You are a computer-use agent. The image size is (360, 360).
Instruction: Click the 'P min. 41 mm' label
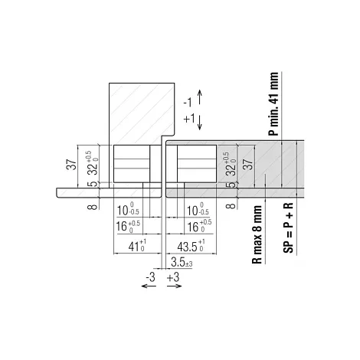[x=273, y=103]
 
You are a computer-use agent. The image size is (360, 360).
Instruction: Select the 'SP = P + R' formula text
[x=288, y=228]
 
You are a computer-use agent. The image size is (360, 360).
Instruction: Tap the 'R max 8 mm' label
[x=257, y=234]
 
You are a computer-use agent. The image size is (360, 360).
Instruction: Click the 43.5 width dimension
[x=191, y=246]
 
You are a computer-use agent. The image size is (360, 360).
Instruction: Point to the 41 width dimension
[x=137, y=246]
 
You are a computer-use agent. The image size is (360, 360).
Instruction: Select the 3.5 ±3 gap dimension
[x=182, y=262]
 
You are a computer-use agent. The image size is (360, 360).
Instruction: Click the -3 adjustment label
[x=150, y=277]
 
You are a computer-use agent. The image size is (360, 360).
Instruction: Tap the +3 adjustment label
[x=173, y=277]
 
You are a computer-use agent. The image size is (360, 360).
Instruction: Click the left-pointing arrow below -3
[x=149, y=286]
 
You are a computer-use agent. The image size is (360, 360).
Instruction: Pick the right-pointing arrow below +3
[x=175, y=286]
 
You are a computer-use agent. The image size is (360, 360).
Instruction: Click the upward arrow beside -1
[x=200, y=97]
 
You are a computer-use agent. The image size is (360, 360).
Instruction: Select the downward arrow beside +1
[x=200, y=123]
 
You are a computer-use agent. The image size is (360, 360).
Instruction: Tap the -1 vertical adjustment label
[x=188, y=103]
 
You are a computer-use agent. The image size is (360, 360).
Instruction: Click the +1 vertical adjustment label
[x=189, y=119]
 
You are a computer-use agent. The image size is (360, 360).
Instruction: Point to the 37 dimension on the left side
[x=71, y=165]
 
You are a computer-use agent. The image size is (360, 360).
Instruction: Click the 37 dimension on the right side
[x=247, y=164]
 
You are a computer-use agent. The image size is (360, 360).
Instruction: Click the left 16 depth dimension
[x=128, y=226]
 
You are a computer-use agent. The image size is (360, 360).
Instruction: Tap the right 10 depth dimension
[x=198, y=210]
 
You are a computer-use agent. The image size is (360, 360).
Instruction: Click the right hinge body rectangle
[x=197, y=164]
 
